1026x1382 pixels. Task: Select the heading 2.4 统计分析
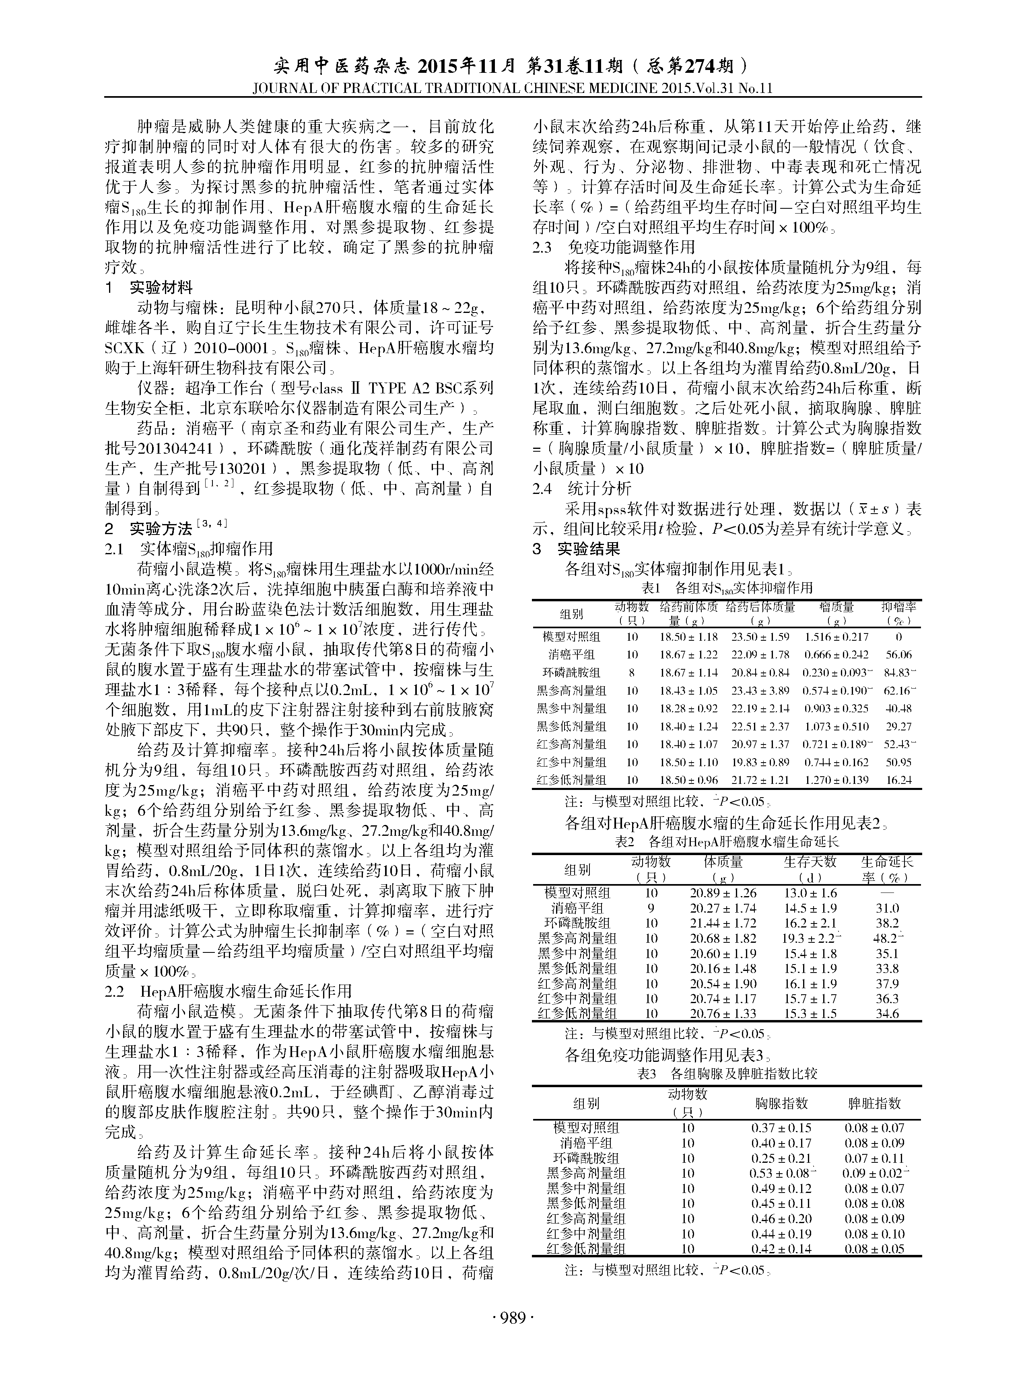point(581,489)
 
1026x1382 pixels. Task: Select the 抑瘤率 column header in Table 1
point(899,613)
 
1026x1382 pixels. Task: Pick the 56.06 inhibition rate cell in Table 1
point(899,654)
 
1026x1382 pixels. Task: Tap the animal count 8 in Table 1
point(632,672)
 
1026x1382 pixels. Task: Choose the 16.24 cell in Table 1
point(899,780)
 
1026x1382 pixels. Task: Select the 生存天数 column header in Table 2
point(810,862)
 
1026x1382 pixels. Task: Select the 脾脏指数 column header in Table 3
point(874,1103)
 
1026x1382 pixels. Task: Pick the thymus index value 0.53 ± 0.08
point(781,1173)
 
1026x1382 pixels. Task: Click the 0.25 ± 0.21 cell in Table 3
point(781,1158)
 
